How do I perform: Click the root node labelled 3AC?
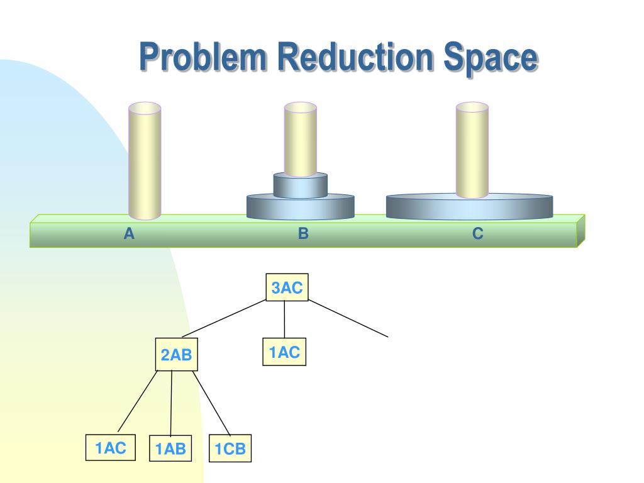click(x=287, y=289)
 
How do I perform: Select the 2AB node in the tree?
click(x=176, y=355)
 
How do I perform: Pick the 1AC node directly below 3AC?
click(x=284, y=352)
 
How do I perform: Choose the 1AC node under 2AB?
click(x=111, y=448)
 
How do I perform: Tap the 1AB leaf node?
click(x=171, y=449)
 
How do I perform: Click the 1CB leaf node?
click(x=230, y=449)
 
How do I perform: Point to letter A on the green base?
click(x=129, y=234)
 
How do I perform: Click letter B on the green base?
click(x=303, y=234)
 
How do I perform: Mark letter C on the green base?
click(x=478, y=234)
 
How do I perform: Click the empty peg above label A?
click(x=145, y=160)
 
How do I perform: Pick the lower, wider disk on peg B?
click(x=301, y=208)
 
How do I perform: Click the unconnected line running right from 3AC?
click(x=349, y=319)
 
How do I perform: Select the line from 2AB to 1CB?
click(x=211, y=403)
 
